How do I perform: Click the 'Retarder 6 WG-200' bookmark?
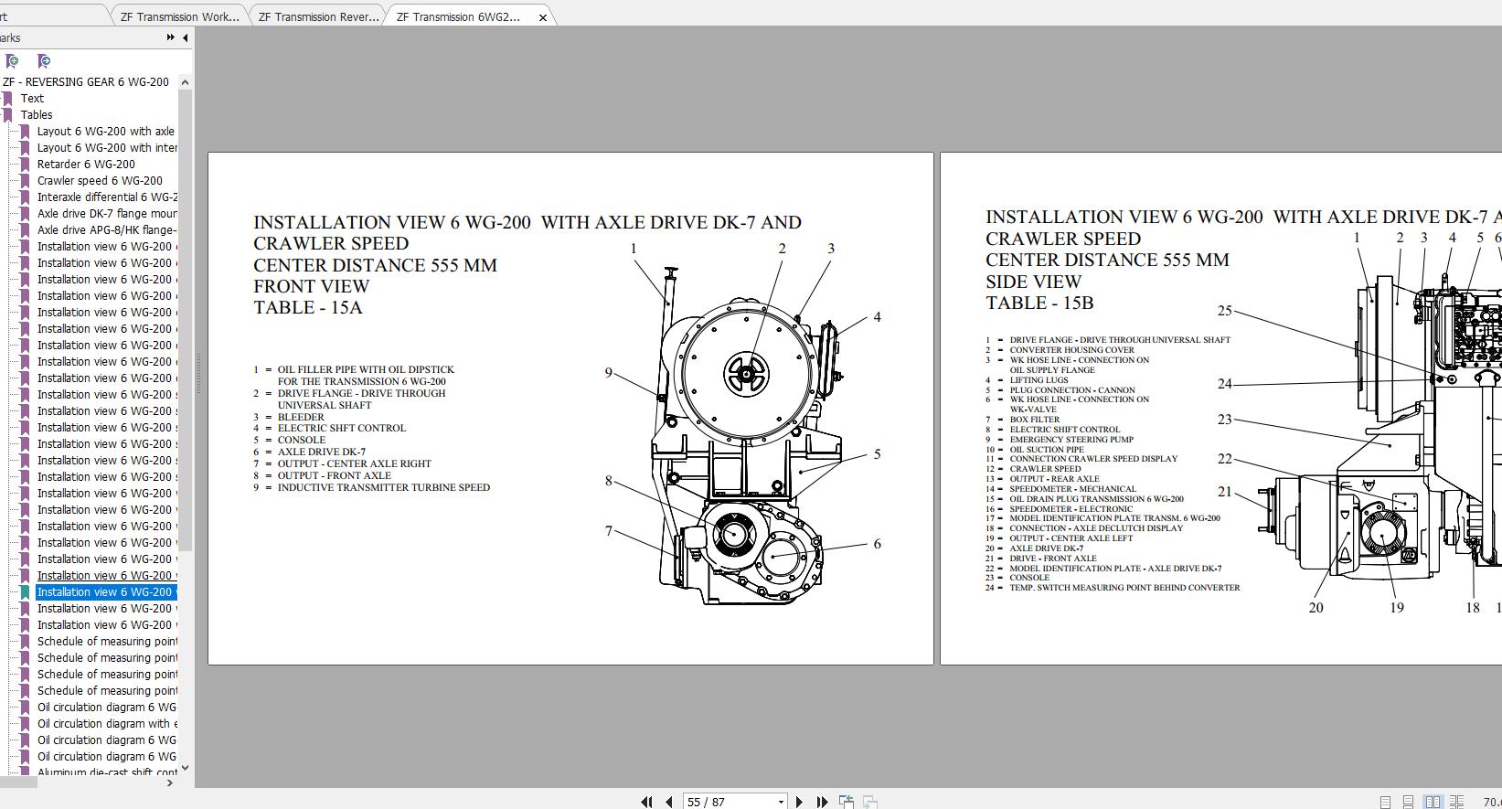(86, 165)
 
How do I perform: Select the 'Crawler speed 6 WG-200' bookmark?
(100, 181)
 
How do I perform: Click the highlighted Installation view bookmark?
(104, 592)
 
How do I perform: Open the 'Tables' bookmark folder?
(37, 115)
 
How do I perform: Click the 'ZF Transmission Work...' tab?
(179, 16)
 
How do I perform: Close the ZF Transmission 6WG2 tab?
(543, 17)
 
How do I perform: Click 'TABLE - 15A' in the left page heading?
(308, 308)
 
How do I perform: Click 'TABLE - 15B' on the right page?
(1039, 303)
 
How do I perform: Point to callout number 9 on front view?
(608, 372)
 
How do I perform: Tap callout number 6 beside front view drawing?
(877, 544)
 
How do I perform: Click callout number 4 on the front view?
(877, 317)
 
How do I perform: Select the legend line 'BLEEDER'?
(301, 417)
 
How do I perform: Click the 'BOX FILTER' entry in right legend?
(1035, 420)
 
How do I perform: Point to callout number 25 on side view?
(1225, 311)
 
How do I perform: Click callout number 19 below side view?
(1397, 607)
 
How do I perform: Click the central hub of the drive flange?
(747, 373)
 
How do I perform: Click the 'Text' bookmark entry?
(32, 99)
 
